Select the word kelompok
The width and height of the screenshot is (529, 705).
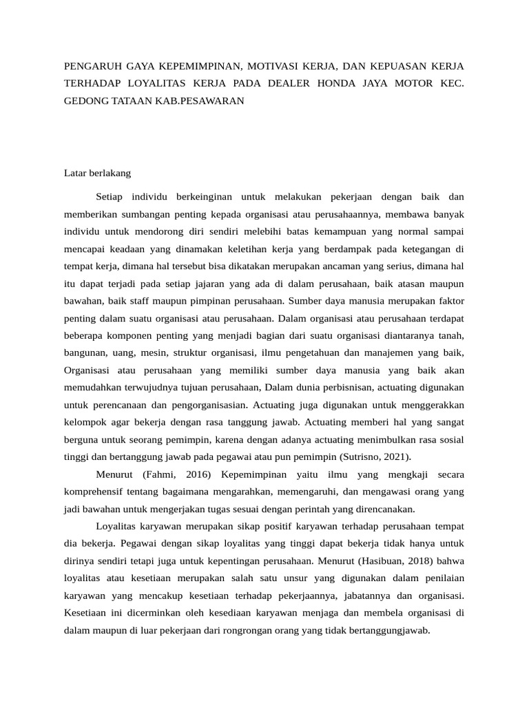click(x=85, y=421)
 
